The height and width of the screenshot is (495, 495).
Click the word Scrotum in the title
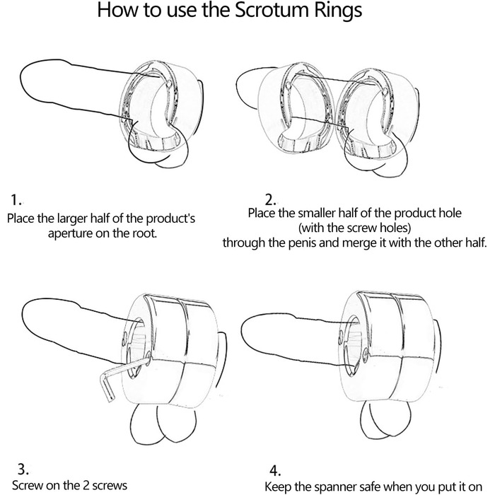271,10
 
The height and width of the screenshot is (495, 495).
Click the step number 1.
16,200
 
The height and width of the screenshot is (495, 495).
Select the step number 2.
270,200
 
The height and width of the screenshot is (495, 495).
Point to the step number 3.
23,469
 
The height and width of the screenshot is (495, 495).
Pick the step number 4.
275,471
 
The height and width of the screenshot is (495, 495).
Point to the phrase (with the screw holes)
354,228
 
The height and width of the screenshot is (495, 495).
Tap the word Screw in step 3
27,486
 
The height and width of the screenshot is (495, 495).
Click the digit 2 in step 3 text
86,486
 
